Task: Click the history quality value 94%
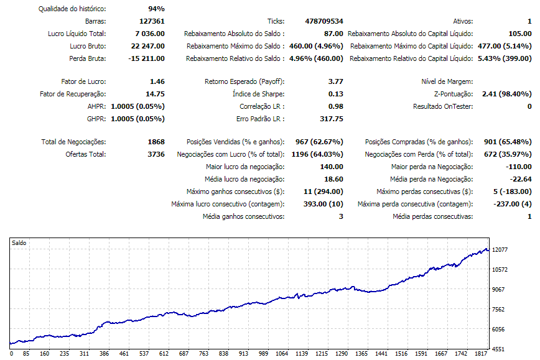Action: click(x=156, y=9)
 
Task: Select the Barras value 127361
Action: click(x=152, y=21)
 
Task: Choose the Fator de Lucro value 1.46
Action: click(x=157, y=81)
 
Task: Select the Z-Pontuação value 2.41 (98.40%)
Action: click(x=506, y=94)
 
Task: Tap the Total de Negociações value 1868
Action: click(x=156, y=142)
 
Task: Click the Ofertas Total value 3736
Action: click(x=156, y=154)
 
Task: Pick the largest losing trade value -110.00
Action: click(x=519, y=167)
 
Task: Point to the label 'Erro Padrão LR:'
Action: click(x=260, y=119)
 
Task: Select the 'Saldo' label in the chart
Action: click(x=19, y=243)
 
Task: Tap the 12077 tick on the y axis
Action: click(x=501, y=249)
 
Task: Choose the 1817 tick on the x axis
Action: click(x=479, y=354)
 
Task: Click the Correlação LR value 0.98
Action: click(x=335, y=106)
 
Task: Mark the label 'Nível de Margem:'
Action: click(x=447, y=81)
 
